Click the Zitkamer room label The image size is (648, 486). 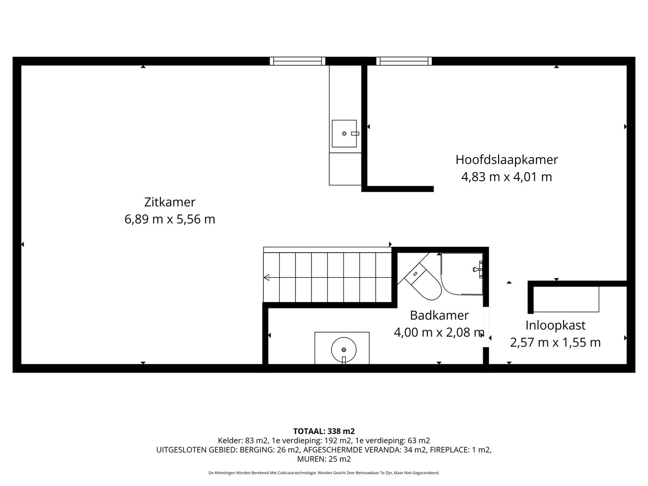click(170, 202)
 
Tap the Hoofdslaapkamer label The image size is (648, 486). click(506, 160)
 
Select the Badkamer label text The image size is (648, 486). click(439, 315)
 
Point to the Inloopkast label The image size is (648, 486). click(555, 325)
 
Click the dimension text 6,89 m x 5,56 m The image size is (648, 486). click(170, 220)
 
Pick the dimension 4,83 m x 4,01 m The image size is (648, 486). click(506, 177)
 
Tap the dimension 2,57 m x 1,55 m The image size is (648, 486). click(555, 343)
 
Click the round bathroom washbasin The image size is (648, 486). click(344, 350)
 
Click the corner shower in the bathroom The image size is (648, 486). click(462, 274)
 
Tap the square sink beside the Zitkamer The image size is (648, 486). click(344, 133)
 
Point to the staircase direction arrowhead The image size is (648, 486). click(266, 277)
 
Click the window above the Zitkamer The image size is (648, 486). click(297, 61)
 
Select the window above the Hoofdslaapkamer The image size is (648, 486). click(404, 61)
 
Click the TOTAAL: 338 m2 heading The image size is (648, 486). click(324, 431)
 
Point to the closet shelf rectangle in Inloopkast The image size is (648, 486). click(566, 299)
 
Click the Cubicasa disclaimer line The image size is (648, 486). click(324, 473)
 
